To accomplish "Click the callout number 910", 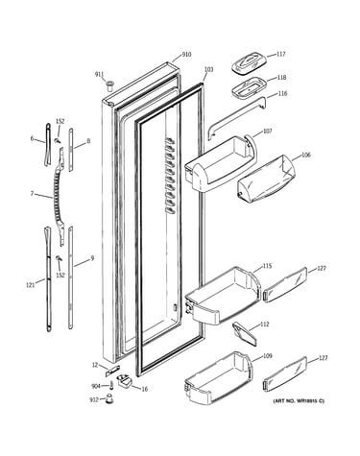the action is [186, 55].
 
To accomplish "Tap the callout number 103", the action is [208, 69].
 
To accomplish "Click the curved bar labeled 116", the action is [237, 117].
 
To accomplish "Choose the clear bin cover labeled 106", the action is [266, 180].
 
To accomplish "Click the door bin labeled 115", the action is [223, 295].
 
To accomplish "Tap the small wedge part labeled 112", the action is [245, 333].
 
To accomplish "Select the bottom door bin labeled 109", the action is [219, 377].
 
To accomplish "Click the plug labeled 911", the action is [109, 85].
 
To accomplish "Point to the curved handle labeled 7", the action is [59, 197].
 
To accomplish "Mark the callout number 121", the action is [30, 284].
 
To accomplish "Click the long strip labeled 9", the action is [71, 277].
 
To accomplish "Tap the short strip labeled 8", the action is [71, 150].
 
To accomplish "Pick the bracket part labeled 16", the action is [125, 381].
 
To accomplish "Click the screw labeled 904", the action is [111, 385].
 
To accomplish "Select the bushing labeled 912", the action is [109, 399].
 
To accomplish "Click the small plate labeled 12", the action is [112, 371].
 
